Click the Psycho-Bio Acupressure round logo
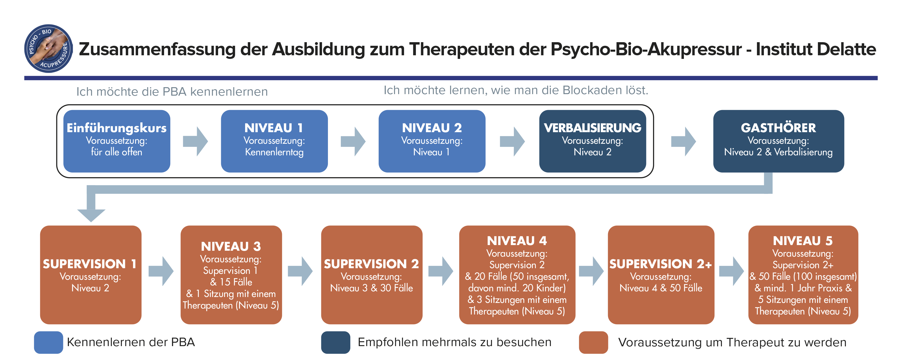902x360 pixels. click(48, 48)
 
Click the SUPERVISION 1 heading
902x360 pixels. click(90, 264)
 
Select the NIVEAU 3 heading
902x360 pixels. click(231, 247)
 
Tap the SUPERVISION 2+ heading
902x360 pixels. click(660, 264)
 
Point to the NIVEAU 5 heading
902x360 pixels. click(802, 241)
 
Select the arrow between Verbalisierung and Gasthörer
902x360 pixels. click(683, 141)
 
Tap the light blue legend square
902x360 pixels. click(48, 342)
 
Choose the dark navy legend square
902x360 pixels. click(335, 342)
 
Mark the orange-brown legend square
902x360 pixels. click(593, 342)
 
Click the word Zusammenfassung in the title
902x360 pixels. click(157, 49)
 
